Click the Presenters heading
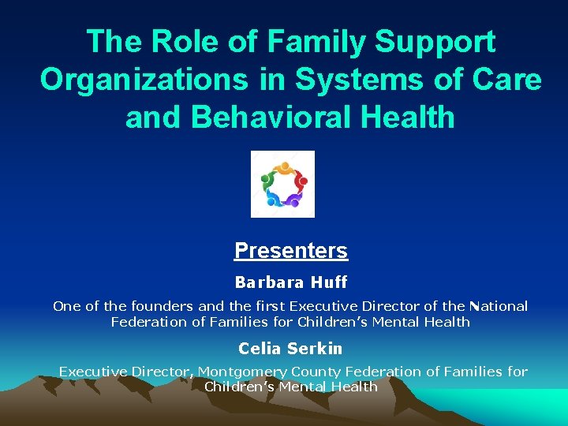pyautogui.click(x=291, y=251)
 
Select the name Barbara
pyautogui.click(x=269, y=282)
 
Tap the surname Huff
pyautogui.click(x=329, y=282)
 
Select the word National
pyautogui.click(x=496, y=306)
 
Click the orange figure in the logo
pyautogui.click(x=284, y=168)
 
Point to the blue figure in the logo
pyautogui.click(x=272, y=198)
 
